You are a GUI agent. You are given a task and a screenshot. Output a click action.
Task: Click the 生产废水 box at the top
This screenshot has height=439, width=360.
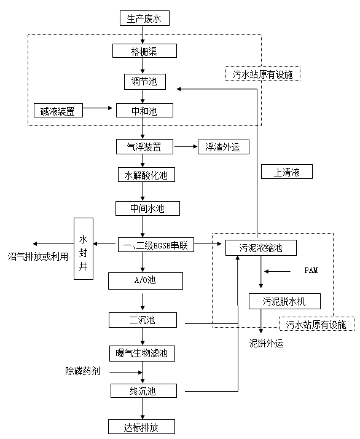pos(144,18)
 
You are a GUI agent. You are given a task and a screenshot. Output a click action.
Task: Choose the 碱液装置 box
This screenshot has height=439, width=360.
pos(58,111)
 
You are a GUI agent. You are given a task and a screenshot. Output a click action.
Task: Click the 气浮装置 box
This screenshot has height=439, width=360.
pos(144,147)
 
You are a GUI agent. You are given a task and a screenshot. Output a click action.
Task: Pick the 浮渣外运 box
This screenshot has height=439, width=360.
pos(223,147)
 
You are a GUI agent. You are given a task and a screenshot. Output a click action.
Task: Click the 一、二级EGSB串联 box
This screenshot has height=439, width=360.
pos(155,245)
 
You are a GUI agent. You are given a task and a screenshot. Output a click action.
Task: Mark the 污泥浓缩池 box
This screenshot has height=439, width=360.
pos(261,248)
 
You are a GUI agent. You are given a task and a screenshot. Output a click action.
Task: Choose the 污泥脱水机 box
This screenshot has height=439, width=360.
pos(284,301)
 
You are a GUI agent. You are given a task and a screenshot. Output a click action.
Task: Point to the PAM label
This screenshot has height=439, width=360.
pos(311,270)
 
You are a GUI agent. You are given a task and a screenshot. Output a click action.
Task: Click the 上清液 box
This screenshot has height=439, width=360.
pos(286,172)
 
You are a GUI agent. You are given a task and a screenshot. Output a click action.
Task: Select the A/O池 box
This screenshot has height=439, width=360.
pos(146,282)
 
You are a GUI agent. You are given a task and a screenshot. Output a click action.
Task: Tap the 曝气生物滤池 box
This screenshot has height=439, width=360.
pos(143,354)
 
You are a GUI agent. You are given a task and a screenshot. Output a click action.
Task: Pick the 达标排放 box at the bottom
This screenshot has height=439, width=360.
pos(142,427)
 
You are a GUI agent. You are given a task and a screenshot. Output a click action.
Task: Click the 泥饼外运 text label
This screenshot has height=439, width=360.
pos(266,344)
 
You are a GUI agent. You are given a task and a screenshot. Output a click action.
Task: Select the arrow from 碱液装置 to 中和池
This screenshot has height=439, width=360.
pos(100,111)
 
